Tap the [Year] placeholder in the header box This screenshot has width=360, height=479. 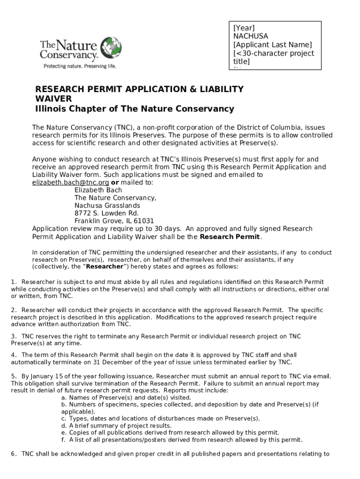[244, 28]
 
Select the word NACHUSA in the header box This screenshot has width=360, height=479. [251, 36]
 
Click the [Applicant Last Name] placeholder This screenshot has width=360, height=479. [272, 45]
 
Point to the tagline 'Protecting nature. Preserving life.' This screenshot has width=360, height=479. [79, 66]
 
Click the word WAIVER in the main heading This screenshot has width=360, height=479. [54, 99]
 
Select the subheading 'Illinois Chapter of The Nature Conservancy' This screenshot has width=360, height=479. [135, 109]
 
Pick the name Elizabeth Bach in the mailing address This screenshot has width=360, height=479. [98, 190]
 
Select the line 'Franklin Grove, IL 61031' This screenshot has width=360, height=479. [114, 221]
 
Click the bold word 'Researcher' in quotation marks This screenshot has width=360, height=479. [105, 267]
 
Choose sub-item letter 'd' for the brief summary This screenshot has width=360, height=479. [64, 426]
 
